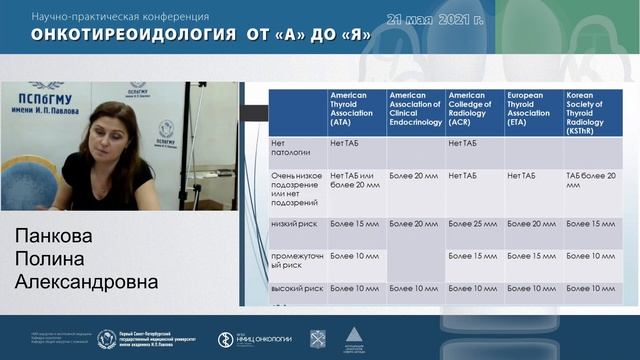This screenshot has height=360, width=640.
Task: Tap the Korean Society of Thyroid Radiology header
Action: coord(591,112)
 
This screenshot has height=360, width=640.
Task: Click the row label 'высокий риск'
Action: coord(297,288)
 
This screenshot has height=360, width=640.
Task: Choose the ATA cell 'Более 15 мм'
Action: coord(354,223)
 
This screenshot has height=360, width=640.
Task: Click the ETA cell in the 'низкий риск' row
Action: coord(530,223)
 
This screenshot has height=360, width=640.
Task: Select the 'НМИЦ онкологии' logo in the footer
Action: coord(255,339)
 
